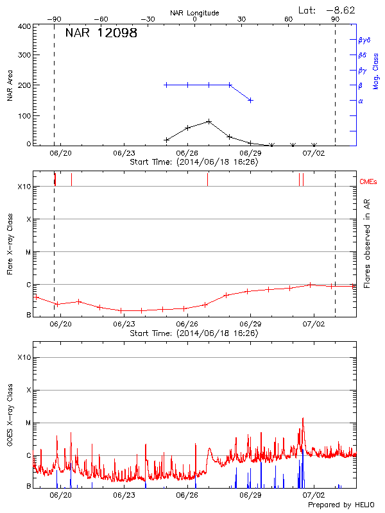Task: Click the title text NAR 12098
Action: (x=101, y=33)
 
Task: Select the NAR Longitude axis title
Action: (x=194, y=13)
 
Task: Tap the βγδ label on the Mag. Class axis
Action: (x=364, y=40)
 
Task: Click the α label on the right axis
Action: (x=361, y=101)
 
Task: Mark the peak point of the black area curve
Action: (x=209, y=121)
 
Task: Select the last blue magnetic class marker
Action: (x=250, y=100)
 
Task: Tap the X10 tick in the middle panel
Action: (x=24, y=187)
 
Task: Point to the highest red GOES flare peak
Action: (x=303, y=419)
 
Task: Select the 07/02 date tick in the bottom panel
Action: (x=313, y=495)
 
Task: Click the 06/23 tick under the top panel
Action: (x=123, y=153)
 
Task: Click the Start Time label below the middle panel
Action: (x=194, y=333)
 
